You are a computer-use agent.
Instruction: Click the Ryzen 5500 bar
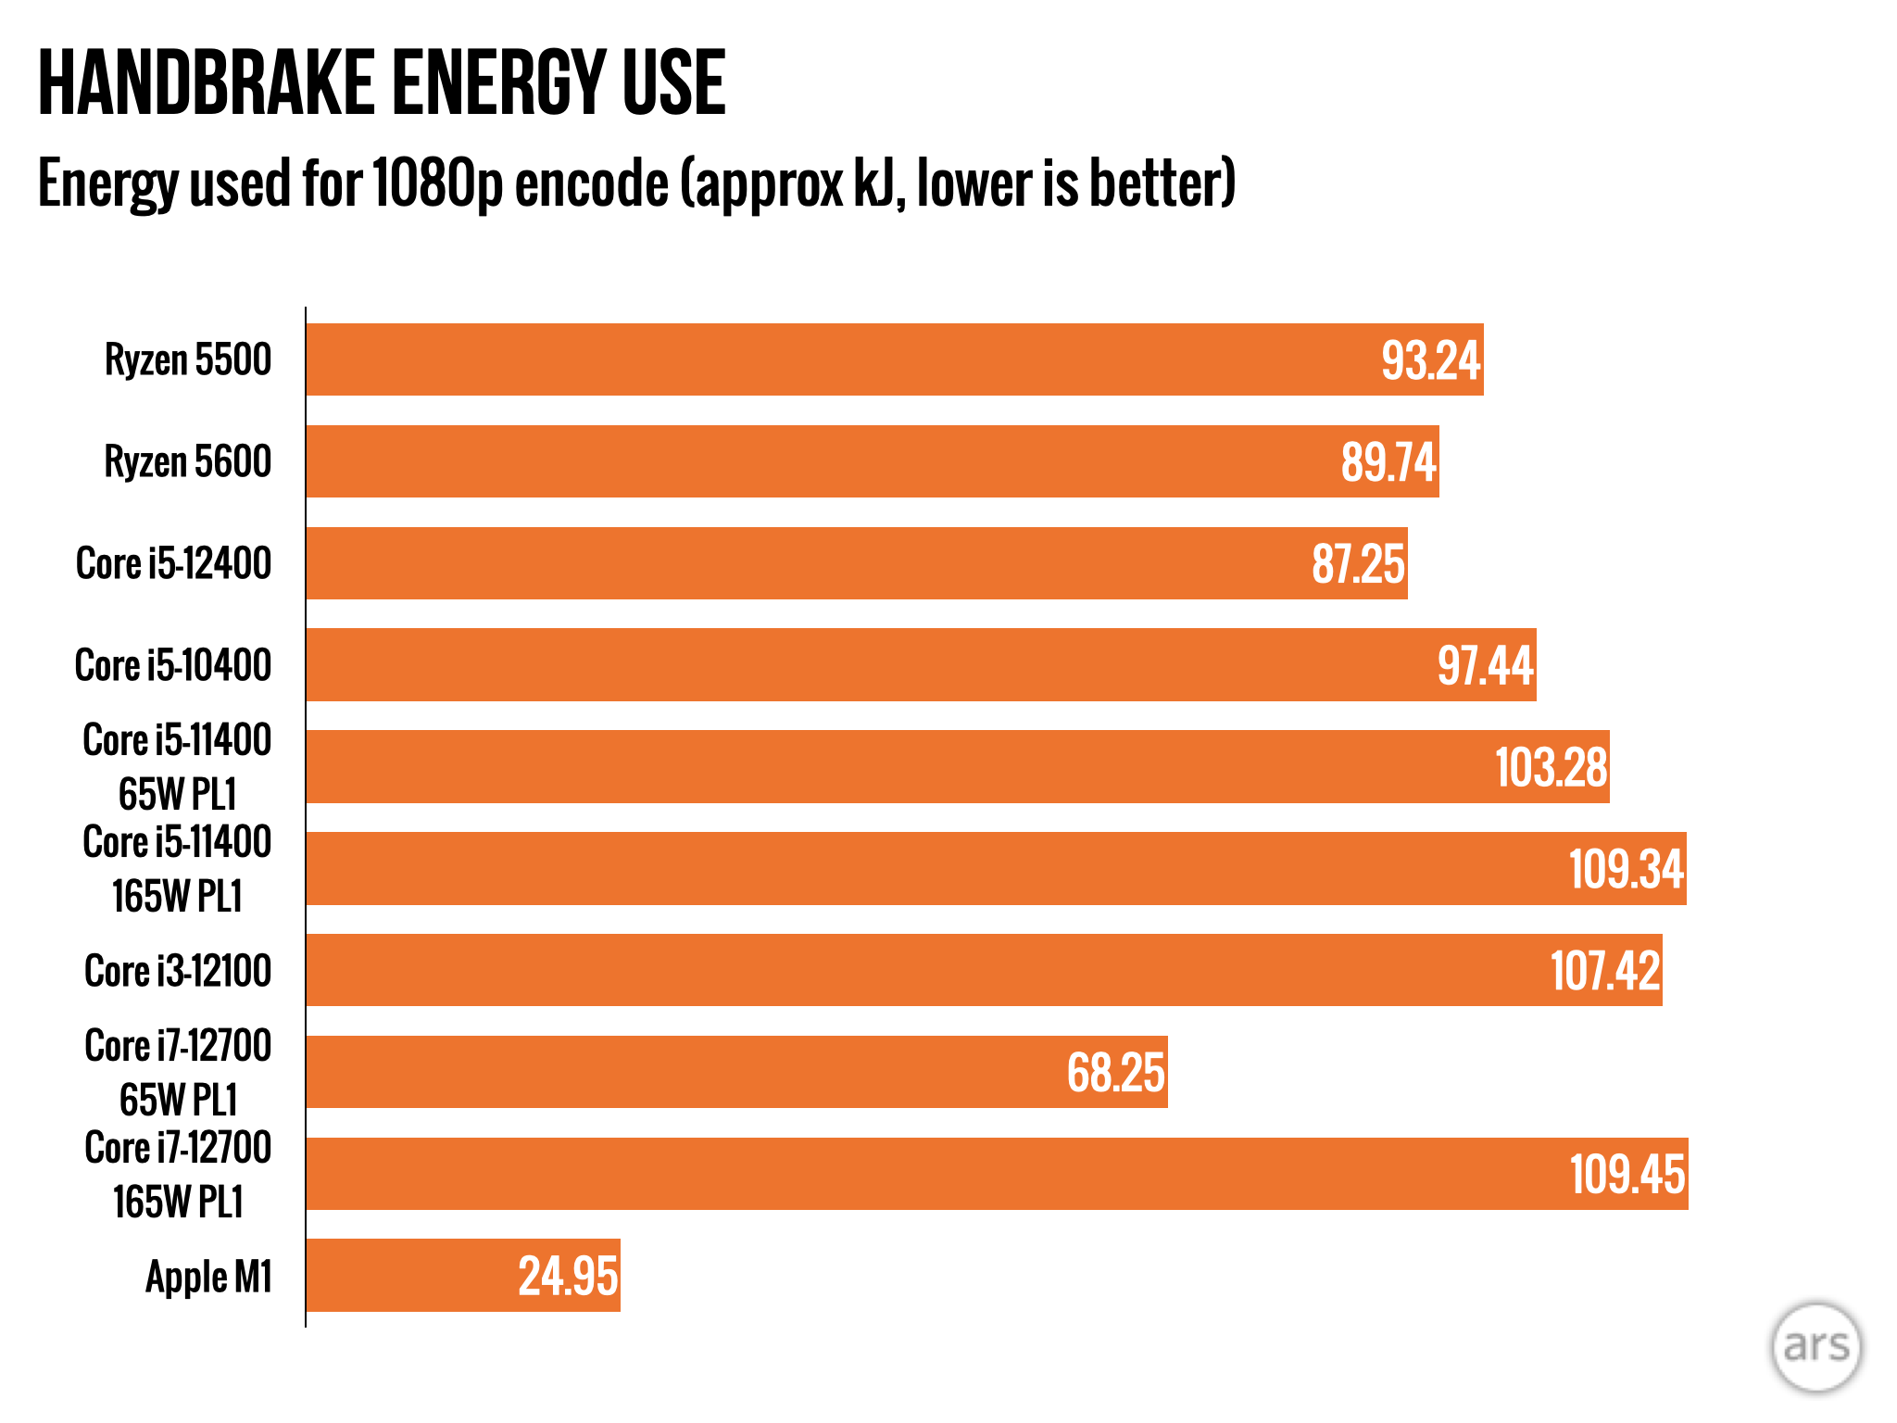click(x=834, y=359)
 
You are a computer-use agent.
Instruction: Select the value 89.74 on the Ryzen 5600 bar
click(x=1388, y=462)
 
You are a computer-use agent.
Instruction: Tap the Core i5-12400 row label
click(x=173, y=563)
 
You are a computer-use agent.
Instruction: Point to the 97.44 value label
click(x=1485, y=666)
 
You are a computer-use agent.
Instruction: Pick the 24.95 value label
click(x=567, y=1277)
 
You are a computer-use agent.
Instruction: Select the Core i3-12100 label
click(x=178, y=971)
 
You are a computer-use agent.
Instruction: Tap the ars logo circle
click(x=1815, y=1346)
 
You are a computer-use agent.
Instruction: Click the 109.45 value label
click(x=1627, y=1175)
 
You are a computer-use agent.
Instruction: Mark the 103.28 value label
click(x=1551, y=768)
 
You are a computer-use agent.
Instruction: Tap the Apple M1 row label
click(x=208, y=1277)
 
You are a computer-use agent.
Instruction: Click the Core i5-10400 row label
click(x=173, y=665)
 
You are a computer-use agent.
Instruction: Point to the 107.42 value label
click(x=1604, y=971)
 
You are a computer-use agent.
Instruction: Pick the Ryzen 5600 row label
click(x=187, y=461)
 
